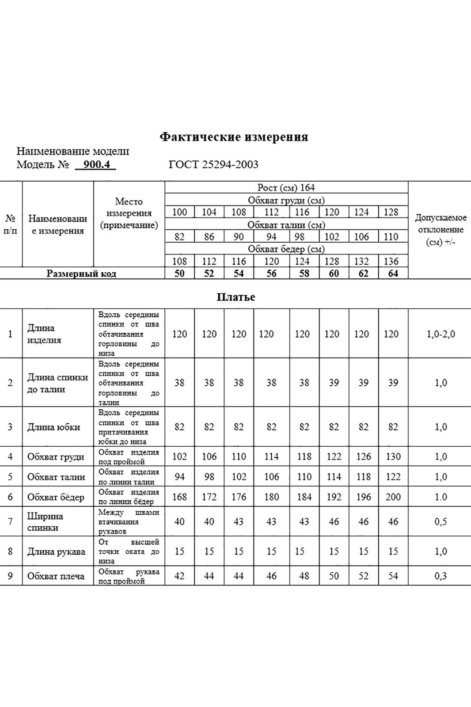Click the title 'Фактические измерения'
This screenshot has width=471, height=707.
coord(234,137)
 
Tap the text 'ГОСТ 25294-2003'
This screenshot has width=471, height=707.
coord(213,165)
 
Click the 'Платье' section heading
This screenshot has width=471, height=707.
coord(235,297)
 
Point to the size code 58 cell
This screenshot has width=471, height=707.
coord(304,274)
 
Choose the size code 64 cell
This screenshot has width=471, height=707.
coord(393,274)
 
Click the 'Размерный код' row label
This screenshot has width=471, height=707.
coord(82,274)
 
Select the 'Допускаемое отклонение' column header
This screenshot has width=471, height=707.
coord(441,230)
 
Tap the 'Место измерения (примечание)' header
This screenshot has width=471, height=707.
coord(129,213)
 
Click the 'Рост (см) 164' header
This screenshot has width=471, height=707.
coord(286,187)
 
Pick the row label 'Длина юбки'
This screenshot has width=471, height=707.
coord(53,427)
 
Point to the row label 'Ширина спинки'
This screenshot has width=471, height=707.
coord(45,522)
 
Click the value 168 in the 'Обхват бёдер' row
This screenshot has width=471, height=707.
coord(179,497)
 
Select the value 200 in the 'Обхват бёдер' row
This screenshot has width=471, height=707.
coord(393,497)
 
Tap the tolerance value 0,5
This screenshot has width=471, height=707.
coord(441,522)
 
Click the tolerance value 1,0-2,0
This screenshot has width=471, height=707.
coord(441,334)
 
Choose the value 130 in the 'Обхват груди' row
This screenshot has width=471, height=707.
coord(393,456)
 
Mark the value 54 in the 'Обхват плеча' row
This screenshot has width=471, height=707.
coord(393,576)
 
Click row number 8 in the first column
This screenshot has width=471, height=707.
coord(11,551)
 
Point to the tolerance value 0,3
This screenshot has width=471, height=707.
coord(441,576)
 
